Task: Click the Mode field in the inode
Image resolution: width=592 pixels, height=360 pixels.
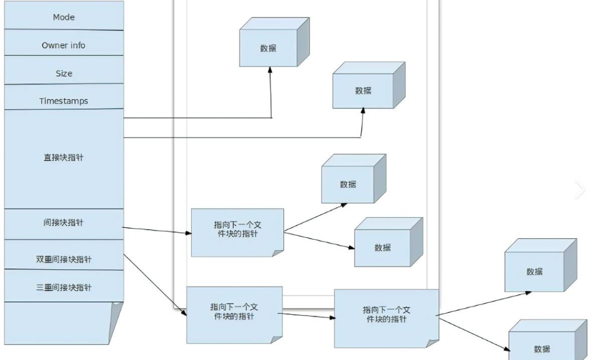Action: click(x=64, y=17)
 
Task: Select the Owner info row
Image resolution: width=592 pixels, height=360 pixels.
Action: click(x=64, y=45)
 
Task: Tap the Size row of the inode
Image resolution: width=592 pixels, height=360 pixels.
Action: click(x=64, y=73)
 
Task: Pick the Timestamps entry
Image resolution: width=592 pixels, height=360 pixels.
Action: click(x=64, y=101)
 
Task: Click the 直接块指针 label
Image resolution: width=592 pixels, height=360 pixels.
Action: click(x=64, y=157)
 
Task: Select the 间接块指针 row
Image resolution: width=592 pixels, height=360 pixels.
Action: click(x=64, y=223)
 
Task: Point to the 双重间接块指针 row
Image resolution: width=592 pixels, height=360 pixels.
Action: click(x=64, y=260)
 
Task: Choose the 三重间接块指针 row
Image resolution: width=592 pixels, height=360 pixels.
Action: click(x=64, y=288)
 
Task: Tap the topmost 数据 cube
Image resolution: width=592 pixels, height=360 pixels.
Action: click(x=269, y=48)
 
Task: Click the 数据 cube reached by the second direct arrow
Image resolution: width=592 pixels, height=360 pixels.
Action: click(x=363, y=91)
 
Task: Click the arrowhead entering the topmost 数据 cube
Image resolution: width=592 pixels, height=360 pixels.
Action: click(x=270, y=71)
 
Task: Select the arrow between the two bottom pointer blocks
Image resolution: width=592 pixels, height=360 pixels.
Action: click(x=306, y=315)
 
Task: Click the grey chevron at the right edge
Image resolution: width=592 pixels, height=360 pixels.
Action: click(x=580, y=189)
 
